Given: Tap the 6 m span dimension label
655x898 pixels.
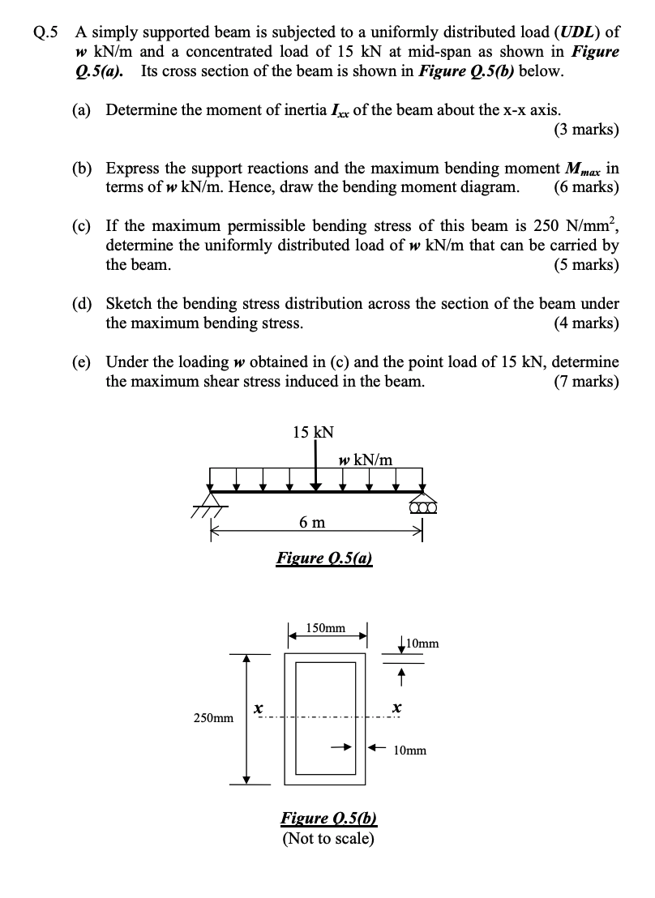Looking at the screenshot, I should point(312,522).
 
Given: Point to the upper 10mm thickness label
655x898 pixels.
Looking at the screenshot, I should point(423,644).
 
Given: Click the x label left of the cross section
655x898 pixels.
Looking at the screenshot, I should point(257,708).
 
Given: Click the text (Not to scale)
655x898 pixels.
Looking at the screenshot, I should point(328,837).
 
